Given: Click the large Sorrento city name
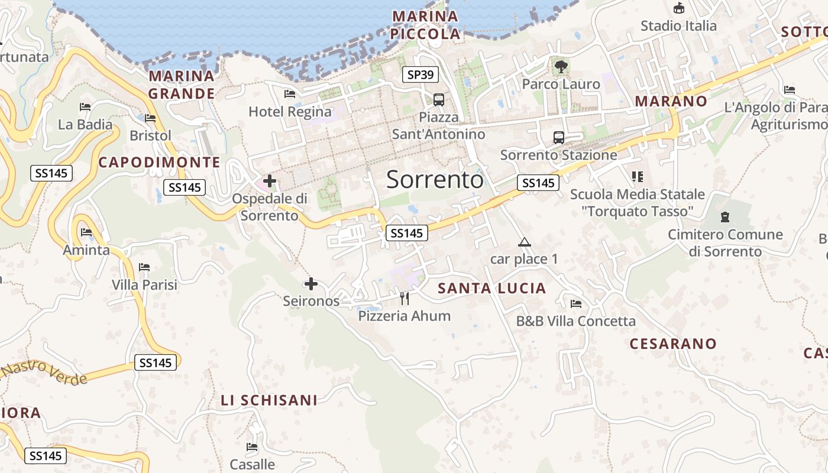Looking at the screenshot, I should [x=435, y=180].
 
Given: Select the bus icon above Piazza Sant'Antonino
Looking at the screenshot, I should [x=438, y=100].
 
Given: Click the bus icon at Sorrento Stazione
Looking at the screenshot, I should [x=558, y=138].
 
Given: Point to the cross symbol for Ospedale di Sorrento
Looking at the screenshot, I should [x=270, y=180].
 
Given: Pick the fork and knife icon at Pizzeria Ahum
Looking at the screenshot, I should [x=405, y=298].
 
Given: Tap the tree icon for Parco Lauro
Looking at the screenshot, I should [x=561, y=67].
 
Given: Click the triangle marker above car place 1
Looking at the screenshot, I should [x=524, y=242].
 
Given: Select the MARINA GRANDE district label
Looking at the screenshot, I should [x=182, y=85].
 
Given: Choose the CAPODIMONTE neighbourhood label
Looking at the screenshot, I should [x=159, y=163].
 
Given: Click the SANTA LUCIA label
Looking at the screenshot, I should [x=491, y=289].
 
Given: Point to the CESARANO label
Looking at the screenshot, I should [x=672, y=344].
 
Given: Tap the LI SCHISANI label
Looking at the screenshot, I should [x=269, y=400].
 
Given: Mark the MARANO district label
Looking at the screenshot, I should [x=671, y=101].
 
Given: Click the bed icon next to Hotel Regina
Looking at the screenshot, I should [x=290, y=94].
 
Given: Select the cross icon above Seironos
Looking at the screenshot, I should [x=311, y=284].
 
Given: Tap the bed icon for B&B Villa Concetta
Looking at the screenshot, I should [x=576, y=304].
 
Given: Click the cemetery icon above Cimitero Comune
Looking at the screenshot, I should [x=725, y=217].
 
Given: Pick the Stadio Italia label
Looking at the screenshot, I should [x=678, y=26].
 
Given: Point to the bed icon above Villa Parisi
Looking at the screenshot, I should [x=144, y=267].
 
